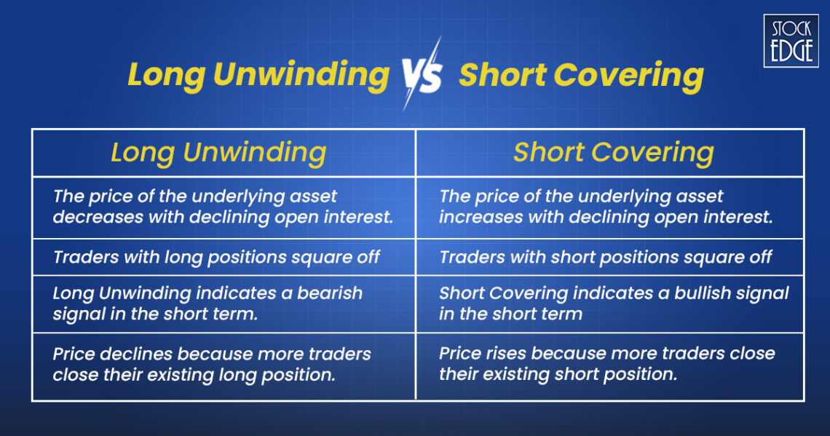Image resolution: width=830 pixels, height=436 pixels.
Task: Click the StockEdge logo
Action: click(791, 40)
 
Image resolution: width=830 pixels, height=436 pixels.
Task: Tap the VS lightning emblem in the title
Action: click(422, 75)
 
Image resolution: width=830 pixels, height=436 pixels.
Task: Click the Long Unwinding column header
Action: click(218, 153)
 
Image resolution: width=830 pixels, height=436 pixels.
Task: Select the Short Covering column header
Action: click(613, 153)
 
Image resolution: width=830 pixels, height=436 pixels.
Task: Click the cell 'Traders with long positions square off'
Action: click(216, 257)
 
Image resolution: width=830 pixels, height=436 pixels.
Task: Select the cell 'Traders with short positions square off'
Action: click(606, 257)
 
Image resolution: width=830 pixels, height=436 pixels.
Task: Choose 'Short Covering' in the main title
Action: click(581, 76)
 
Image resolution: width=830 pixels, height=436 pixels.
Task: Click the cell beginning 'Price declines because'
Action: click(212, 365)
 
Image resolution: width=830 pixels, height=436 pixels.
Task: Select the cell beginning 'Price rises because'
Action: click(607, 365)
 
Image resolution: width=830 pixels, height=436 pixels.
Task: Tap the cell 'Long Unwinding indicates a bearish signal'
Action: click(207, 304)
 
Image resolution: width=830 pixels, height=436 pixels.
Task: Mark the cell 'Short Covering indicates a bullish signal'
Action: click(614, 304)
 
